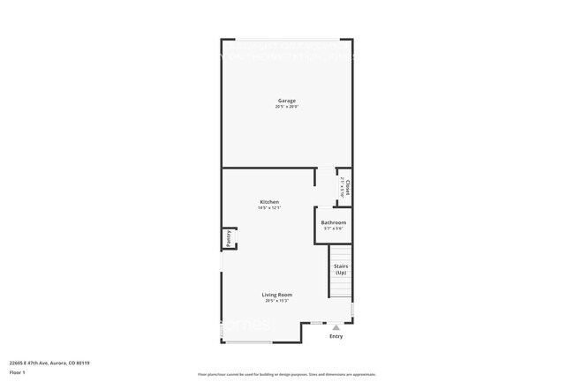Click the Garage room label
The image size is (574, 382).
click(x=287, y=101)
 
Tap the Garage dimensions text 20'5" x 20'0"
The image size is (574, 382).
click(x=287, y=107)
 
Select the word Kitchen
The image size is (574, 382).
click(x=269, y=202)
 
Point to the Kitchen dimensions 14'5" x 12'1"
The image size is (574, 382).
click(x=269, y=208)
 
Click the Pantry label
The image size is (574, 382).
click(x=228, y=237)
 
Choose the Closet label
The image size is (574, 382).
click(x=348, y=187)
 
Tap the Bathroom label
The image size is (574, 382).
click(x=334, y=222)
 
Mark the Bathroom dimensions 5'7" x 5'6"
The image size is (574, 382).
click(x=334, y=228)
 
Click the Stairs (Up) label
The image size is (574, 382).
click(x=341, y=267)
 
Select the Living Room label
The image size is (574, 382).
click(x=277, y=295)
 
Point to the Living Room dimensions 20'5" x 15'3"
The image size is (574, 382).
click(x=277, y=301)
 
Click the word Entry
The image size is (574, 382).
click(x=336, y=336)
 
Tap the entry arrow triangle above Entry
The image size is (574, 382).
click(x=336, y=327)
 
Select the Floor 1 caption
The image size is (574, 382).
click(x=17, y=372)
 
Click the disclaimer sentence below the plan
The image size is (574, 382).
click(x=287, y=376)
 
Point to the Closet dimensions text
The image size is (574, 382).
click(x=342, y=187)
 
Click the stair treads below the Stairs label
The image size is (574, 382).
click(x=341, y=287)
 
